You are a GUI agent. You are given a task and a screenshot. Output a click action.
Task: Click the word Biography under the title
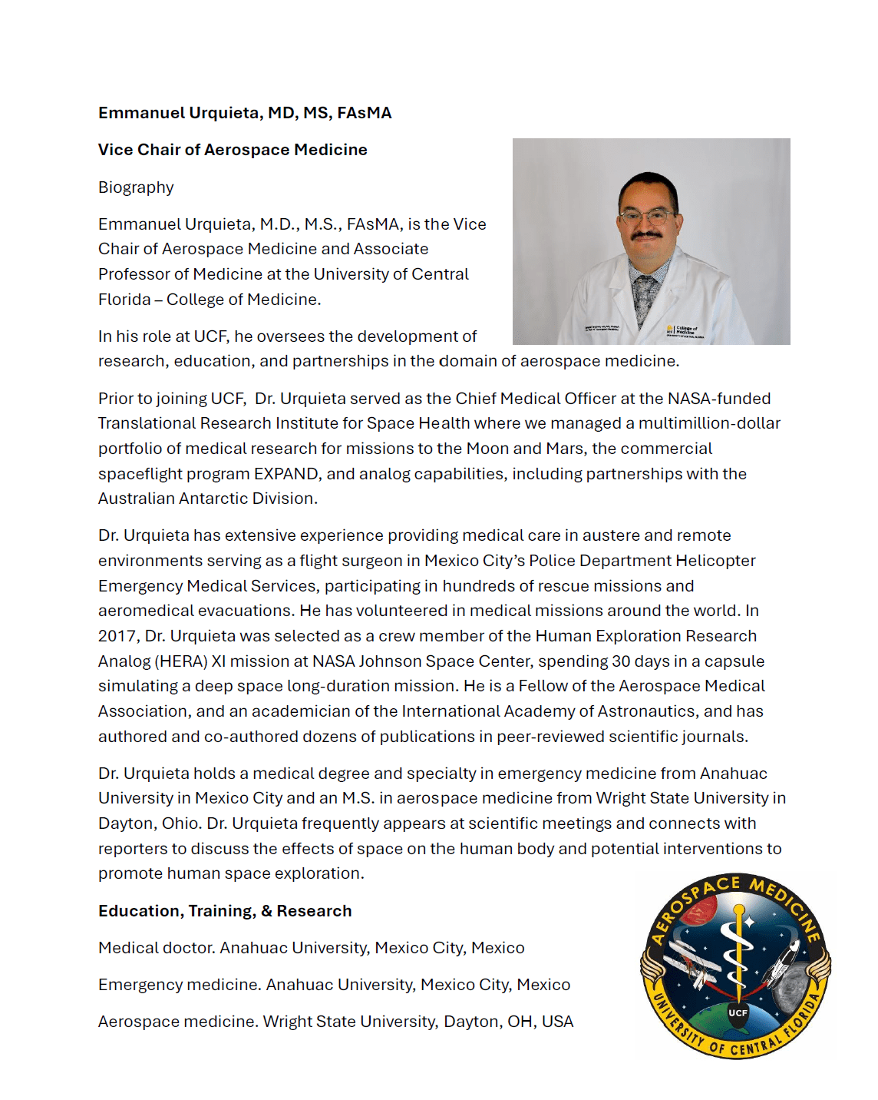tap(136, 187)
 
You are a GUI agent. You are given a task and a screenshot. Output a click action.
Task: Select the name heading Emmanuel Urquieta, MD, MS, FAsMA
tap(245, 113)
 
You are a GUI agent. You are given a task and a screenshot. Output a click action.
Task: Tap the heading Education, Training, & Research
tap(225, 911)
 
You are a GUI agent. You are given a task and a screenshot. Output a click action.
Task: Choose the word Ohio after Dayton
tap(180, 823)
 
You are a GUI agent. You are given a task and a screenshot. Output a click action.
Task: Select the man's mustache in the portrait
tap(646, 236)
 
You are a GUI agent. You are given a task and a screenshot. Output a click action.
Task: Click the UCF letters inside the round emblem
tap(738, 1012)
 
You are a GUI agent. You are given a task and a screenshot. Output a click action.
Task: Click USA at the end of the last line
tap(557, 1022)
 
